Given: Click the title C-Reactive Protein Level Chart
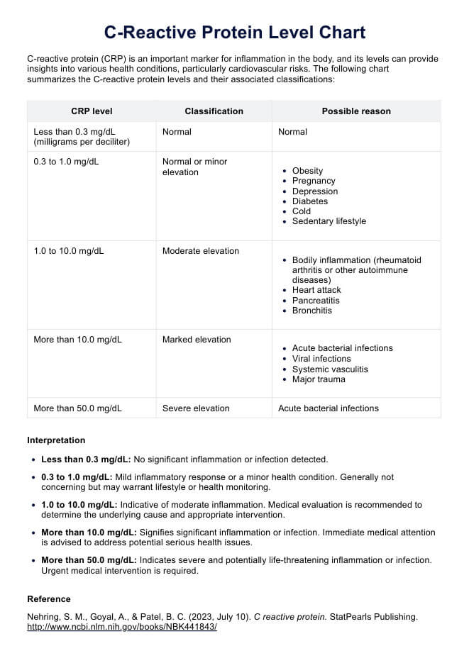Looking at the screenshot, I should [234, 32].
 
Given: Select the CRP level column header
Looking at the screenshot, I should [92, 111].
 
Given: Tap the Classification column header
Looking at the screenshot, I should [214, 111].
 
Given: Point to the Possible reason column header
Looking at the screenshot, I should [356, 111].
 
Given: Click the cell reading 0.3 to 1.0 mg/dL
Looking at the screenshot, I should [67, 162].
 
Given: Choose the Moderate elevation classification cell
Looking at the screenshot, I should [201, 251].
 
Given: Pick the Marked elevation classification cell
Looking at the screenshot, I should [197, 340].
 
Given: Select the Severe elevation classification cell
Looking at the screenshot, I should [196, 408].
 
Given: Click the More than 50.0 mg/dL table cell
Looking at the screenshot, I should [78, 408].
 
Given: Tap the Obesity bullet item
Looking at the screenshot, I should [307, 171].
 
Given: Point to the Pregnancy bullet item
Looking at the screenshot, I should [313, 182].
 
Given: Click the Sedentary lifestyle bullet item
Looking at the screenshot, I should [329, 221].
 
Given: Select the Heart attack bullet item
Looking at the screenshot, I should [316, 290].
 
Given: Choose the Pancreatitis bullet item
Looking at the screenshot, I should [316, 301].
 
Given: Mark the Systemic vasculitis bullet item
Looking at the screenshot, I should [330, 369].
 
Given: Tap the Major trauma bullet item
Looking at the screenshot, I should [319, 379].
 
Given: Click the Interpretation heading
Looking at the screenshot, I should [56, 440].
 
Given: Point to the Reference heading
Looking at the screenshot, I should [49, 599].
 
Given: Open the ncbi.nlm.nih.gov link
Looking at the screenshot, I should [121, 628].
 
